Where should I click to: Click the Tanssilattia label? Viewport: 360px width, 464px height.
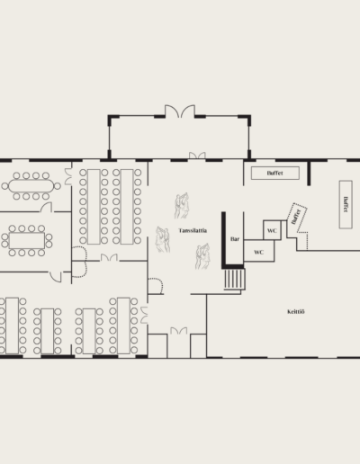193,230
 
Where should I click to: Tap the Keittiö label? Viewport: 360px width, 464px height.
296,312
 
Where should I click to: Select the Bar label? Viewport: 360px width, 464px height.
235,239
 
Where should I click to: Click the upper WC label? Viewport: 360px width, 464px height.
272,230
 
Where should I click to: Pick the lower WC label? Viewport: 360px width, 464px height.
258,252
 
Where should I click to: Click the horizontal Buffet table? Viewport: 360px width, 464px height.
275,173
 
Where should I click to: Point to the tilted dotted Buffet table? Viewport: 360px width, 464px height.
297,218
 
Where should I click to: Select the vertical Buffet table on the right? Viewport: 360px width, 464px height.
346,204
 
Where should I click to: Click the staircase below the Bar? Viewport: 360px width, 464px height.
235,279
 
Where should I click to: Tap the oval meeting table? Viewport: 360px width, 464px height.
31,186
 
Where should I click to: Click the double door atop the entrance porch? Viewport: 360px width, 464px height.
180,112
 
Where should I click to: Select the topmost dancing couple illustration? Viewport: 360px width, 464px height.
182,206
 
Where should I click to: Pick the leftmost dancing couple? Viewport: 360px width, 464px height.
163,239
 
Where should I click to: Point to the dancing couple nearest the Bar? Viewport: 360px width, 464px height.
202,256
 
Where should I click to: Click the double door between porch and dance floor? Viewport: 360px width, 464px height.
197,156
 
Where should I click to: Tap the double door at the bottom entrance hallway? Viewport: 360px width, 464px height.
179,331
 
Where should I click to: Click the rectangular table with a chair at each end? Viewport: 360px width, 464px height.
27,241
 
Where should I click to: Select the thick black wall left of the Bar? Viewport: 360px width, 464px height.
223,240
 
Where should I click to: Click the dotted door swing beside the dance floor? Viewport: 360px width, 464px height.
156,286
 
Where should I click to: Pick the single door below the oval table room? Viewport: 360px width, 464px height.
56,277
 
